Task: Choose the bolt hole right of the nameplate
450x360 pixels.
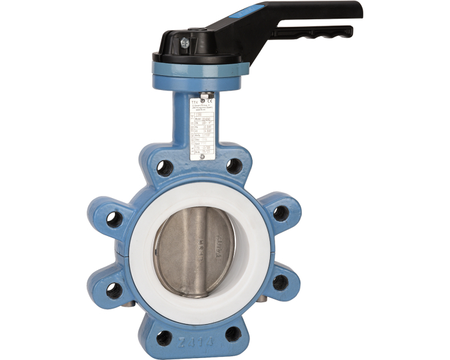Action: (x=234, y=166)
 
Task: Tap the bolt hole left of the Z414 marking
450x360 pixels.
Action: (x=165, y=334)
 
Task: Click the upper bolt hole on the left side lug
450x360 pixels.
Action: (x=115, y=219)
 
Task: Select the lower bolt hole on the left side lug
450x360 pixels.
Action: (x=114, y=290)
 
